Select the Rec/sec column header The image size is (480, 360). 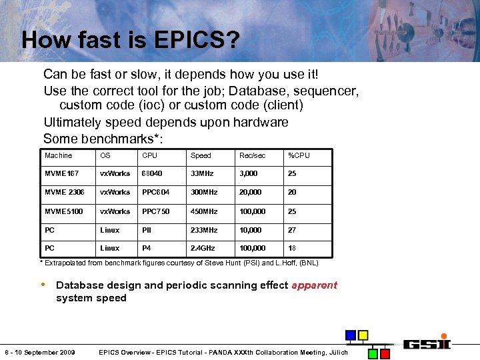click(252, 155)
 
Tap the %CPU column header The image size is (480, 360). click(299, 155)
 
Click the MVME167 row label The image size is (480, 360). click(61, 173)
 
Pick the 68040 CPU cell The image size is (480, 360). click(152, 173)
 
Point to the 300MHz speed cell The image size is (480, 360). click(204, 192)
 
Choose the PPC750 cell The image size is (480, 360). click(155, 211)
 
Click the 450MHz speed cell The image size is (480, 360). click(204, 211)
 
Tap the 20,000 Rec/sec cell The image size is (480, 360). click(251, 192)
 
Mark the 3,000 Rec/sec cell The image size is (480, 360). click(249, 173)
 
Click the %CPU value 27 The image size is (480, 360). click(291, 230)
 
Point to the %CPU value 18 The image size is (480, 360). click(291, 248)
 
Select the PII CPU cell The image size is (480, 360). click(146, 230)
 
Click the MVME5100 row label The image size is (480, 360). click(63, 211)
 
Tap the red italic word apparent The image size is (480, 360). click(314, 285)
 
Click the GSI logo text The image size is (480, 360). click(428, 343)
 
